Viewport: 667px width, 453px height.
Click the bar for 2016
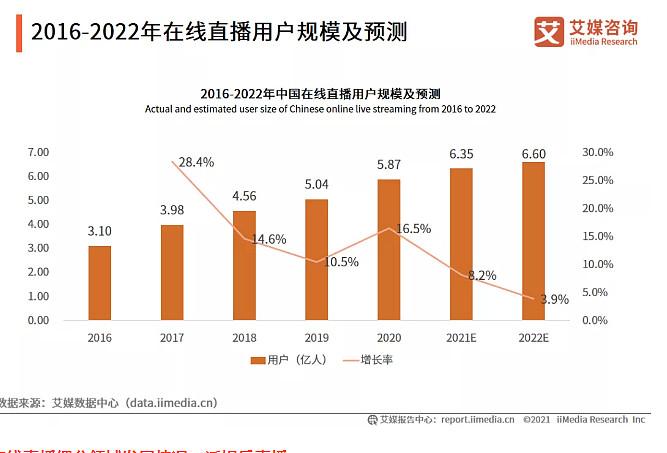click(99, 283)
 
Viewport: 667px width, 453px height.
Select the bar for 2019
click(316, 260)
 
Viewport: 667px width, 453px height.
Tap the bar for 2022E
click(533, 241)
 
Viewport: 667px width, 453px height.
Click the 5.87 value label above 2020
click(389, 165)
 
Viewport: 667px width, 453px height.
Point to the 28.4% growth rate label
click(196, 162)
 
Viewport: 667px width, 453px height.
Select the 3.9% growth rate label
click(554, 299)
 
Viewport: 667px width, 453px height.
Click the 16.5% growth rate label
click(413, 229)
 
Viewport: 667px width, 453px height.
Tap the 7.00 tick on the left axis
click(38, 152)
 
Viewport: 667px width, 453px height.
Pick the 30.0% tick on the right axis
click(597, 152)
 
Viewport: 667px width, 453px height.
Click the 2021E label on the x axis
click(461, 338)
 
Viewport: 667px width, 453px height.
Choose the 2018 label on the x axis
click(244, 338)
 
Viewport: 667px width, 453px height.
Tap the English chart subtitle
click(320, 108)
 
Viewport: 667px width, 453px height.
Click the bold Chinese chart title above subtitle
click(320, 92)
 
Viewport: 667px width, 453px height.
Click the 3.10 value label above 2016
click(99, 231)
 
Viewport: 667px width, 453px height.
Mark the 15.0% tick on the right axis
click(597, 236)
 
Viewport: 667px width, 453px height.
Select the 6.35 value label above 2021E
click(461, 154)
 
